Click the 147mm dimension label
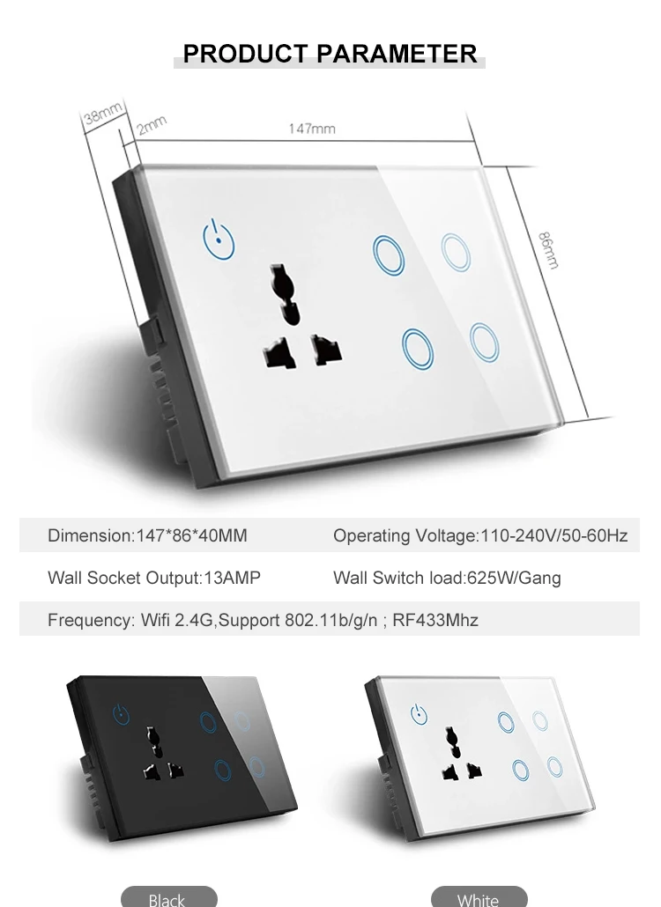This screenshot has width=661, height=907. [312, 129]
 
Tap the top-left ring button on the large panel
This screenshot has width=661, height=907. [389, 253]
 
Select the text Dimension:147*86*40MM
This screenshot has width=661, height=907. [147, 535]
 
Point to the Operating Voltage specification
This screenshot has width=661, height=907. [480, 535]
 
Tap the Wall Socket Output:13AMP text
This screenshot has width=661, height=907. [154, 579]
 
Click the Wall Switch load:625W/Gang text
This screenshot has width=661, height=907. [447, 579]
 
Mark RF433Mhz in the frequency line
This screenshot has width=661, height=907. [436, 620]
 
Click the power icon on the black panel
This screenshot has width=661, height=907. [123, 712]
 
